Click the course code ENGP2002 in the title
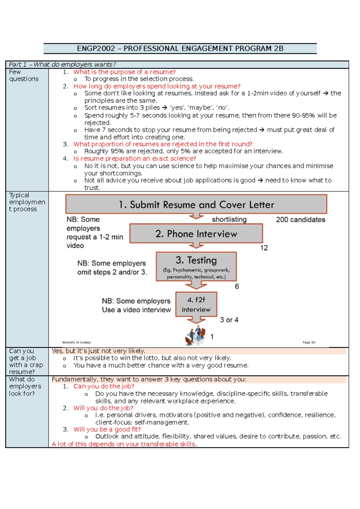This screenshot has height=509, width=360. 96,49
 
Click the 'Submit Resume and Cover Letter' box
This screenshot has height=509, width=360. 196,204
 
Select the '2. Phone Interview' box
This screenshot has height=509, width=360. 196,234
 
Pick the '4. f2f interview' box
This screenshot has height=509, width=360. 196,305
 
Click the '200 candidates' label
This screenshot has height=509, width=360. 300,220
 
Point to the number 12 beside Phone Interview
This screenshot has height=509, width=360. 264,248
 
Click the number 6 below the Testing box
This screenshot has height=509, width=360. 237,287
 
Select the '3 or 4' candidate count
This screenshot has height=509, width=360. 229,320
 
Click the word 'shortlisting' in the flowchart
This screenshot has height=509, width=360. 229,220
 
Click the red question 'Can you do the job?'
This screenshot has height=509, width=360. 104,386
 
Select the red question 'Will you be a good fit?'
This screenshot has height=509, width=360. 107,429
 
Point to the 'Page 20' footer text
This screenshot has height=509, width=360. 309,342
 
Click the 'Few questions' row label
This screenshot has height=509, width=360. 24,76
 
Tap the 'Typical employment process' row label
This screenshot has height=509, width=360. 27,202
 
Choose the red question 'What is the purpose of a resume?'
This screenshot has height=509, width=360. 124,72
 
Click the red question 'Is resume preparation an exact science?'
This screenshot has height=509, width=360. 134,159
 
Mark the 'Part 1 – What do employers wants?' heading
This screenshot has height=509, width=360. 62,64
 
